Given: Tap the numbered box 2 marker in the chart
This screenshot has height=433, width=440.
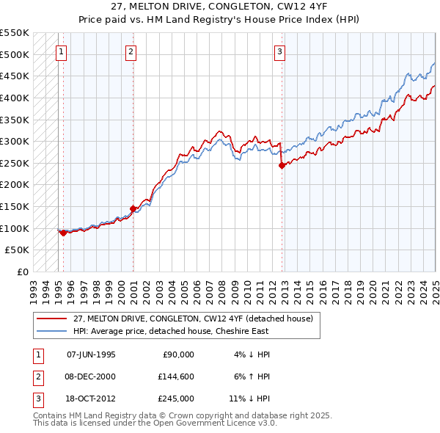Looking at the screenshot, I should pyautogui.click(x=130, y=51).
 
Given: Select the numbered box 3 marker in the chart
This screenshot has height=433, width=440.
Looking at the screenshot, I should pyautogui.click(x=280, y=51).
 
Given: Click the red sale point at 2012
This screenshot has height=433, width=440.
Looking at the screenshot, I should pyautogui.click(x=282, y=166).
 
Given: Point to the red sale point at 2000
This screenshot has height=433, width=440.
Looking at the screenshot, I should pyautogui.click(x=133, y=208).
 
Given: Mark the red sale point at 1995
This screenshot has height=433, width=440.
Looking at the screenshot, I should pyautogui.click(x=64, y=233).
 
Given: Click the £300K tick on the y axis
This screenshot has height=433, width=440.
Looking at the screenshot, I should pyautogui.click(x=15, y=141).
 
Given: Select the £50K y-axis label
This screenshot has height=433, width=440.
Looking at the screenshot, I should pyautogui.click(x=18, y=250).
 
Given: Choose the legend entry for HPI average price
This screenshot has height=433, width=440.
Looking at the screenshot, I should pyautogui.click(x=171, y=331).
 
